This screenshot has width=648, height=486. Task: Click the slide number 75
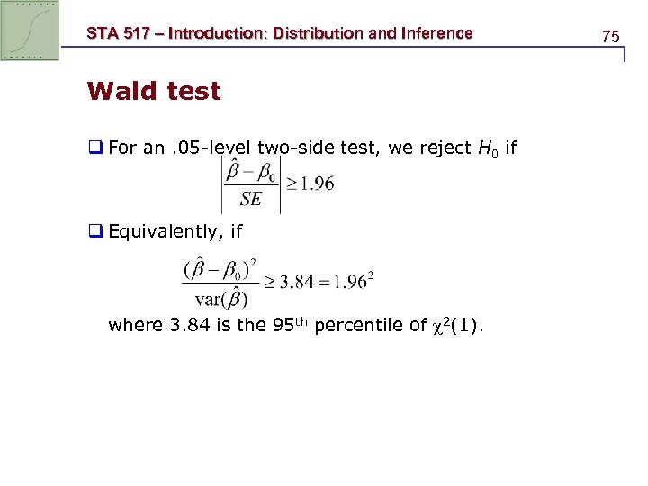pos(611,37)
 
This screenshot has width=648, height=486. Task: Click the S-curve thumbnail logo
pos(30,30)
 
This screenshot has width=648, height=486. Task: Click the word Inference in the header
pos(427,33)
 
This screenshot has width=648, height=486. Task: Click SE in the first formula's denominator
pos(251,200)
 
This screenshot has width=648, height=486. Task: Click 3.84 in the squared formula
pos(299,281)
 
